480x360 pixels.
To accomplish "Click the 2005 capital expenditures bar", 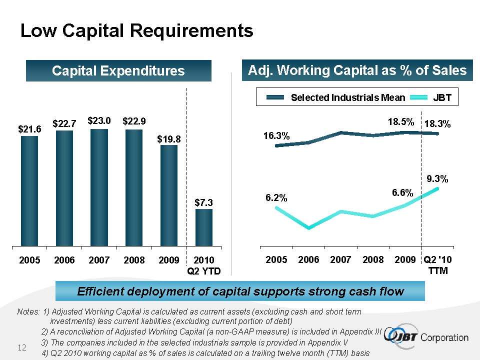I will point(29,190).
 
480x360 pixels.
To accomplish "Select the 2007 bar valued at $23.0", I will point(99,187).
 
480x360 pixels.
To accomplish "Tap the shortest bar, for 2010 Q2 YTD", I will point(204,227).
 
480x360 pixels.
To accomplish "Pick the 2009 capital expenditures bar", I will point(169,195).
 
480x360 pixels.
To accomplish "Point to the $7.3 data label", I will point(204,202).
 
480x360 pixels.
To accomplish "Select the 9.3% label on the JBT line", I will point(437,178).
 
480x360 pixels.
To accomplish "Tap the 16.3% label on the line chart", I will point(276,135).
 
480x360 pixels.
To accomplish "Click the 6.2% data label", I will point(276,198).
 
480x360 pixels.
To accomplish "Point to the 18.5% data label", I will point(401,121).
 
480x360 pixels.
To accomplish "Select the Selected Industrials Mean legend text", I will point(348,98).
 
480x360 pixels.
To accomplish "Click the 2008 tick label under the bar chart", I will point(134,260).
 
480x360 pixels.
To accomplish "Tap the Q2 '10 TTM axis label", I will point(437,265).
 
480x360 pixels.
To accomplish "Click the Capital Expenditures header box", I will point(118,71).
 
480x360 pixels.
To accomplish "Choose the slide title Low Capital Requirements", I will point(136,31).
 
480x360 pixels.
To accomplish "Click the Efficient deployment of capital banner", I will point(239,291).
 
